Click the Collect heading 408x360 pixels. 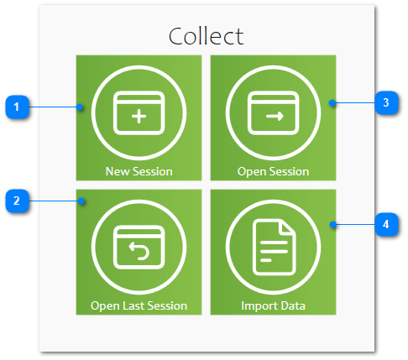pos(206,36)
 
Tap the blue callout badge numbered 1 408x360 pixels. pos(17,107)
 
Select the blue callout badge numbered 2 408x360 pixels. pos(17,201)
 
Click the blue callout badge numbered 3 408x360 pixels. pos(386,102)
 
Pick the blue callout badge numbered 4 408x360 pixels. pos(386,224)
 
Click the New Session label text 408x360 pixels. pos(139,171)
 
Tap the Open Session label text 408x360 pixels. pos(273,172)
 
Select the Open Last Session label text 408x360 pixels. pos(139,306)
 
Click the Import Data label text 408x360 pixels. pos(273,306)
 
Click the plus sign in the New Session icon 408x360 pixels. pos(139,116)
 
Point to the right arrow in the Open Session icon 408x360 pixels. pos(275,116)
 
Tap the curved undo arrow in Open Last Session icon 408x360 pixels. pos(139,251)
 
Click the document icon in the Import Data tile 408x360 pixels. pos(274,248)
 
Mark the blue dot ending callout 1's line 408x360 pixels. pos(80,107)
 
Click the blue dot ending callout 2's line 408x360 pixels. pos(81,201)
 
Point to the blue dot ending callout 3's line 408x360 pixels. pos(332,103)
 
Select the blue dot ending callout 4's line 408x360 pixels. pos(333,225)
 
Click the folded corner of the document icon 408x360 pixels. pos(286,227)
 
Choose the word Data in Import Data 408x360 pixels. pos(293,305)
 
